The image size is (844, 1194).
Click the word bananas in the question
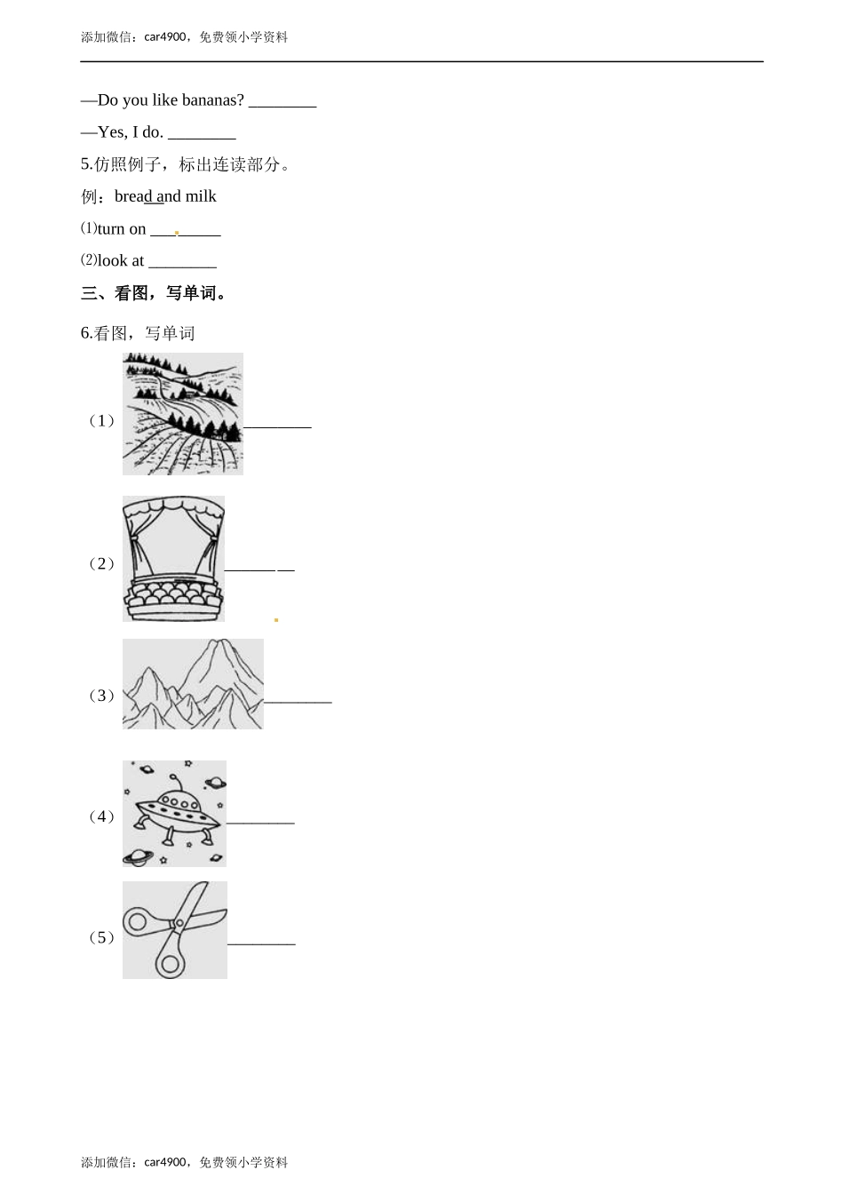pos(212,100)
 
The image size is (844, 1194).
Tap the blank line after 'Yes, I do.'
pos(202,139)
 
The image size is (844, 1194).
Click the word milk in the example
pos(201,196)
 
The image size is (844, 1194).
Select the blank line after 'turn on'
pos(186,235)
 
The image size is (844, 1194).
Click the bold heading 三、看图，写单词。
pos(154,293)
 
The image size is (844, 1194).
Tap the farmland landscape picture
pos(183,414)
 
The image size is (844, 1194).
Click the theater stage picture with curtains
pos(173,559)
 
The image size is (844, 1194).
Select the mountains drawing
pos(193,684)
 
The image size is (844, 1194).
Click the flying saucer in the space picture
pos(178,814)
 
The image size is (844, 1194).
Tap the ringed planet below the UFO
pos(138,857)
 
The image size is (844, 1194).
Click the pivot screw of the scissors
pos(179,923)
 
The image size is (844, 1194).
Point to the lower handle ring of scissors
pos(171,963)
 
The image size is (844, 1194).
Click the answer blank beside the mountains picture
pos(298,702)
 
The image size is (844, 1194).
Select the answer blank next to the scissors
pos(261,944)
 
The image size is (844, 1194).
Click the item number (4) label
pos(101,816)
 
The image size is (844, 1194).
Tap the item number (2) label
pos(101,563)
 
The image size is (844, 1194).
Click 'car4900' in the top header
pos(165,36)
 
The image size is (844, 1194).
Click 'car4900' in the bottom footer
pos(165,1162)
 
